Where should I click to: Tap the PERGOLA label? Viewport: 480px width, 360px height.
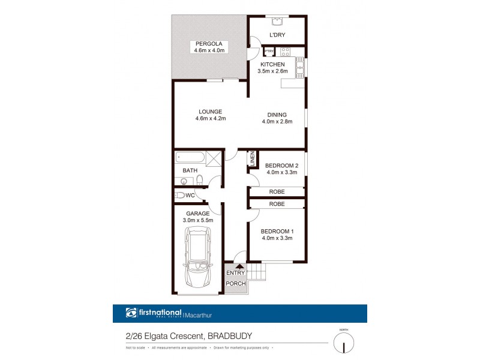pos(209,44)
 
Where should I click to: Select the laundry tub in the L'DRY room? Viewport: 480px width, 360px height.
pos(277,23)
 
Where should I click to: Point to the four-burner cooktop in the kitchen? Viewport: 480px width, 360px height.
pos(284,52)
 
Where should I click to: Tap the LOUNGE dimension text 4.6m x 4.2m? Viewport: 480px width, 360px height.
pos(209,118)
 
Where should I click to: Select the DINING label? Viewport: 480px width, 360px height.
pos(277,115)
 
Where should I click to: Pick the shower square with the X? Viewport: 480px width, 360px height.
pos(215,159)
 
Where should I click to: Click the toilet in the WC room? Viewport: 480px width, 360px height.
pos(179,195)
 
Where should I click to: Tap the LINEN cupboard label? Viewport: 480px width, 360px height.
pos(253,159)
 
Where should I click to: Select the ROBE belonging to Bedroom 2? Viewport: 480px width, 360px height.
pos(277,192)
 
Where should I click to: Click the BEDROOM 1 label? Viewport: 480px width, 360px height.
pos(277,231)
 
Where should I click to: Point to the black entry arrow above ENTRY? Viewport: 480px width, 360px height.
pos(239,268)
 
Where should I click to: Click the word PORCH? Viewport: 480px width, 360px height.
pos(236,284)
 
